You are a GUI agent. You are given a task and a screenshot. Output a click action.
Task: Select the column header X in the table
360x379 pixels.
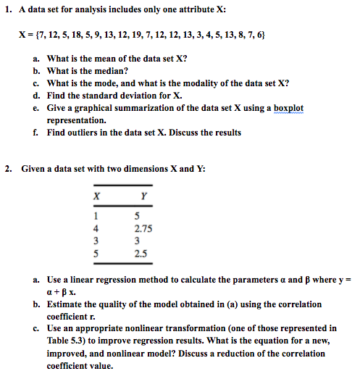(x=96, y=195)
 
